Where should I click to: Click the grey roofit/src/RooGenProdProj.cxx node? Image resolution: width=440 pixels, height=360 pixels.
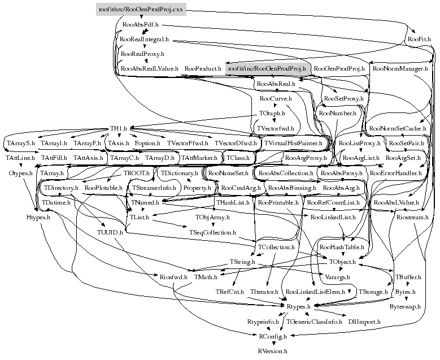pos(141,10)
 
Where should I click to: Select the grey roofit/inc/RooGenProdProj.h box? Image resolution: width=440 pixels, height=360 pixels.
pos(265,68)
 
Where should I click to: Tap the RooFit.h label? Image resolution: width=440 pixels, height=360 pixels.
pos(419,40)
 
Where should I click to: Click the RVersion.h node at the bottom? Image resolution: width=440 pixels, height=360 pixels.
pos(273,350)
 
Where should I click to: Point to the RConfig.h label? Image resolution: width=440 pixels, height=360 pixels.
pos(273,336)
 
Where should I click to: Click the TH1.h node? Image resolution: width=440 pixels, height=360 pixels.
pos(118,129)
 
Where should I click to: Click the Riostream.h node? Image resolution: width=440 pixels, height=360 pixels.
pos(412,216)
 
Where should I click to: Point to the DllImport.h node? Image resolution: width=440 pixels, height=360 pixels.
pos(365,321)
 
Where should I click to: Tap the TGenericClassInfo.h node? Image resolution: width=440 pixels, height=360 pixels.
pos(315,321)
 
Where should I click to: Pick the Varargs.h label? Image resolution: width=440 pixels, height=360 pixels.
pos(338,277)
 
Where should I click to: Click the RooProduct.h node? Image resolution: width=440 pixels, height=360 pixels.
pos(203,68)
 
